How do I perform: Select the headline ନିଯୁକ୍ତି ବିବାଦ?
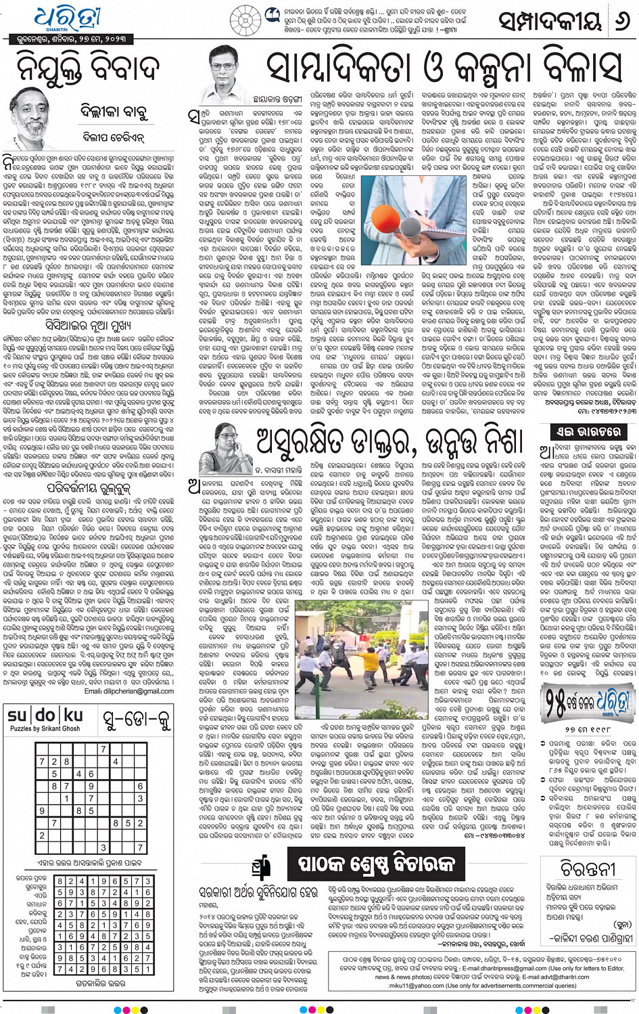(x=88, y=67)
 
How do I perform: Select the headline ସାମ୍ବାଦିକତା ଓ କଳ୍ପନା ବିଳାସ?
(x=444, y=67)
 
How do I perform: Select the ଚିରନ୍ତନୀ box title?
(x=587, y=868)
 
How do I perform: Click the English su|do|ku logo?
(x=45, y=715)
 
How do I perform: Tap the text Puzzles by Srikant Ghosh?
(x=45, y=728)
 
